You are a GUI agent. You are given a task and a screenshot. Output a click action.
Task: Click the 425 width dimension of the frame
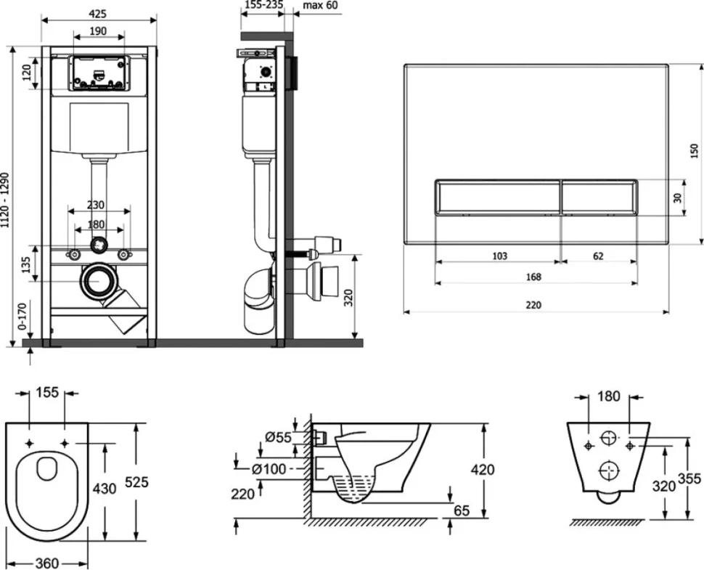97,14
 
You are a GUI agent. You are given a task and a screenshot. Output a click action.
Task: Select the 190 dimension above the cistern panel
98,31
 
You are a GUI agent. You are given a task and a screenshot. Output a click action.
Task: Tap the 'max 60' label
320,5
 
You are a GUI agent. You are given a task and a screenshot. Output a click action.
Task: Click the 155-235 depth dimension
264,5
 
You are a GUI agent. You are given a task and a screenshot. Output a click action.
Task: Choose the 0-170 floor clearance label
22,316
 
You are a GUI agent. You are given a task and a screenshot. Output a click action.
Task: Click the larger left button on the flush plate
497,197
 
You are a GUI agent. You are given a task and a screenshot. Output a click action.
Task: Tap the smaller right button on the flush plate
599,197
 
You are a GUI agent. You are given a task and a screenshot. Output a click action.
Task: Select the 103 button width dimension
500,256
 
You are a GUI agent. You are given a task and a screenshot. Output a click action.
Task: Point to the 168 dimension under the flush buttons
533,277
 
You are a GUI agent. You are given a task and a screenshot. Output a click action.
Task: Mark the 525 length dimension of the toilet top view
136,481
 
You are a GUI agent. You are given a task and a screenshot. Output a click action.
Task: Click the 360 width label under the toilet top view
46,563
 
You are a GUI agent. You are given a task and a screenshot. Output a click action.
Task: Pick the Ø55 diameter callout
279,436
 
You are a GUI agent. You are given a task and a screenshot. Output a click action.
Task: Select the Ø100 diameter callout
269,469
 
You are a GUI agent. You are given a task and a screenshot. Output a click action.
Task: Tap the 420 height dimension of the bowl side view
483,469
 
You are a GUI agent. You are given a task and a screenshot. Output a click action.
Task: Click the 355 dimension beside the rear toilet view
689,479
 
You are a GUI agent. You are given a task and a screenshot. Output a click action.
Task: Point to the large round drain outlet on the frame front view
99,281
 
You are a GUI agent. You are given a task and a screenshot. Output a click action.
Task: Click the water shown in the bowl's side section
356,487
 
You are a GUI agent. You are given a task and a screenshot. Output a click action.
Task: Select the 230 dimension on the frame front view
95,205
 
